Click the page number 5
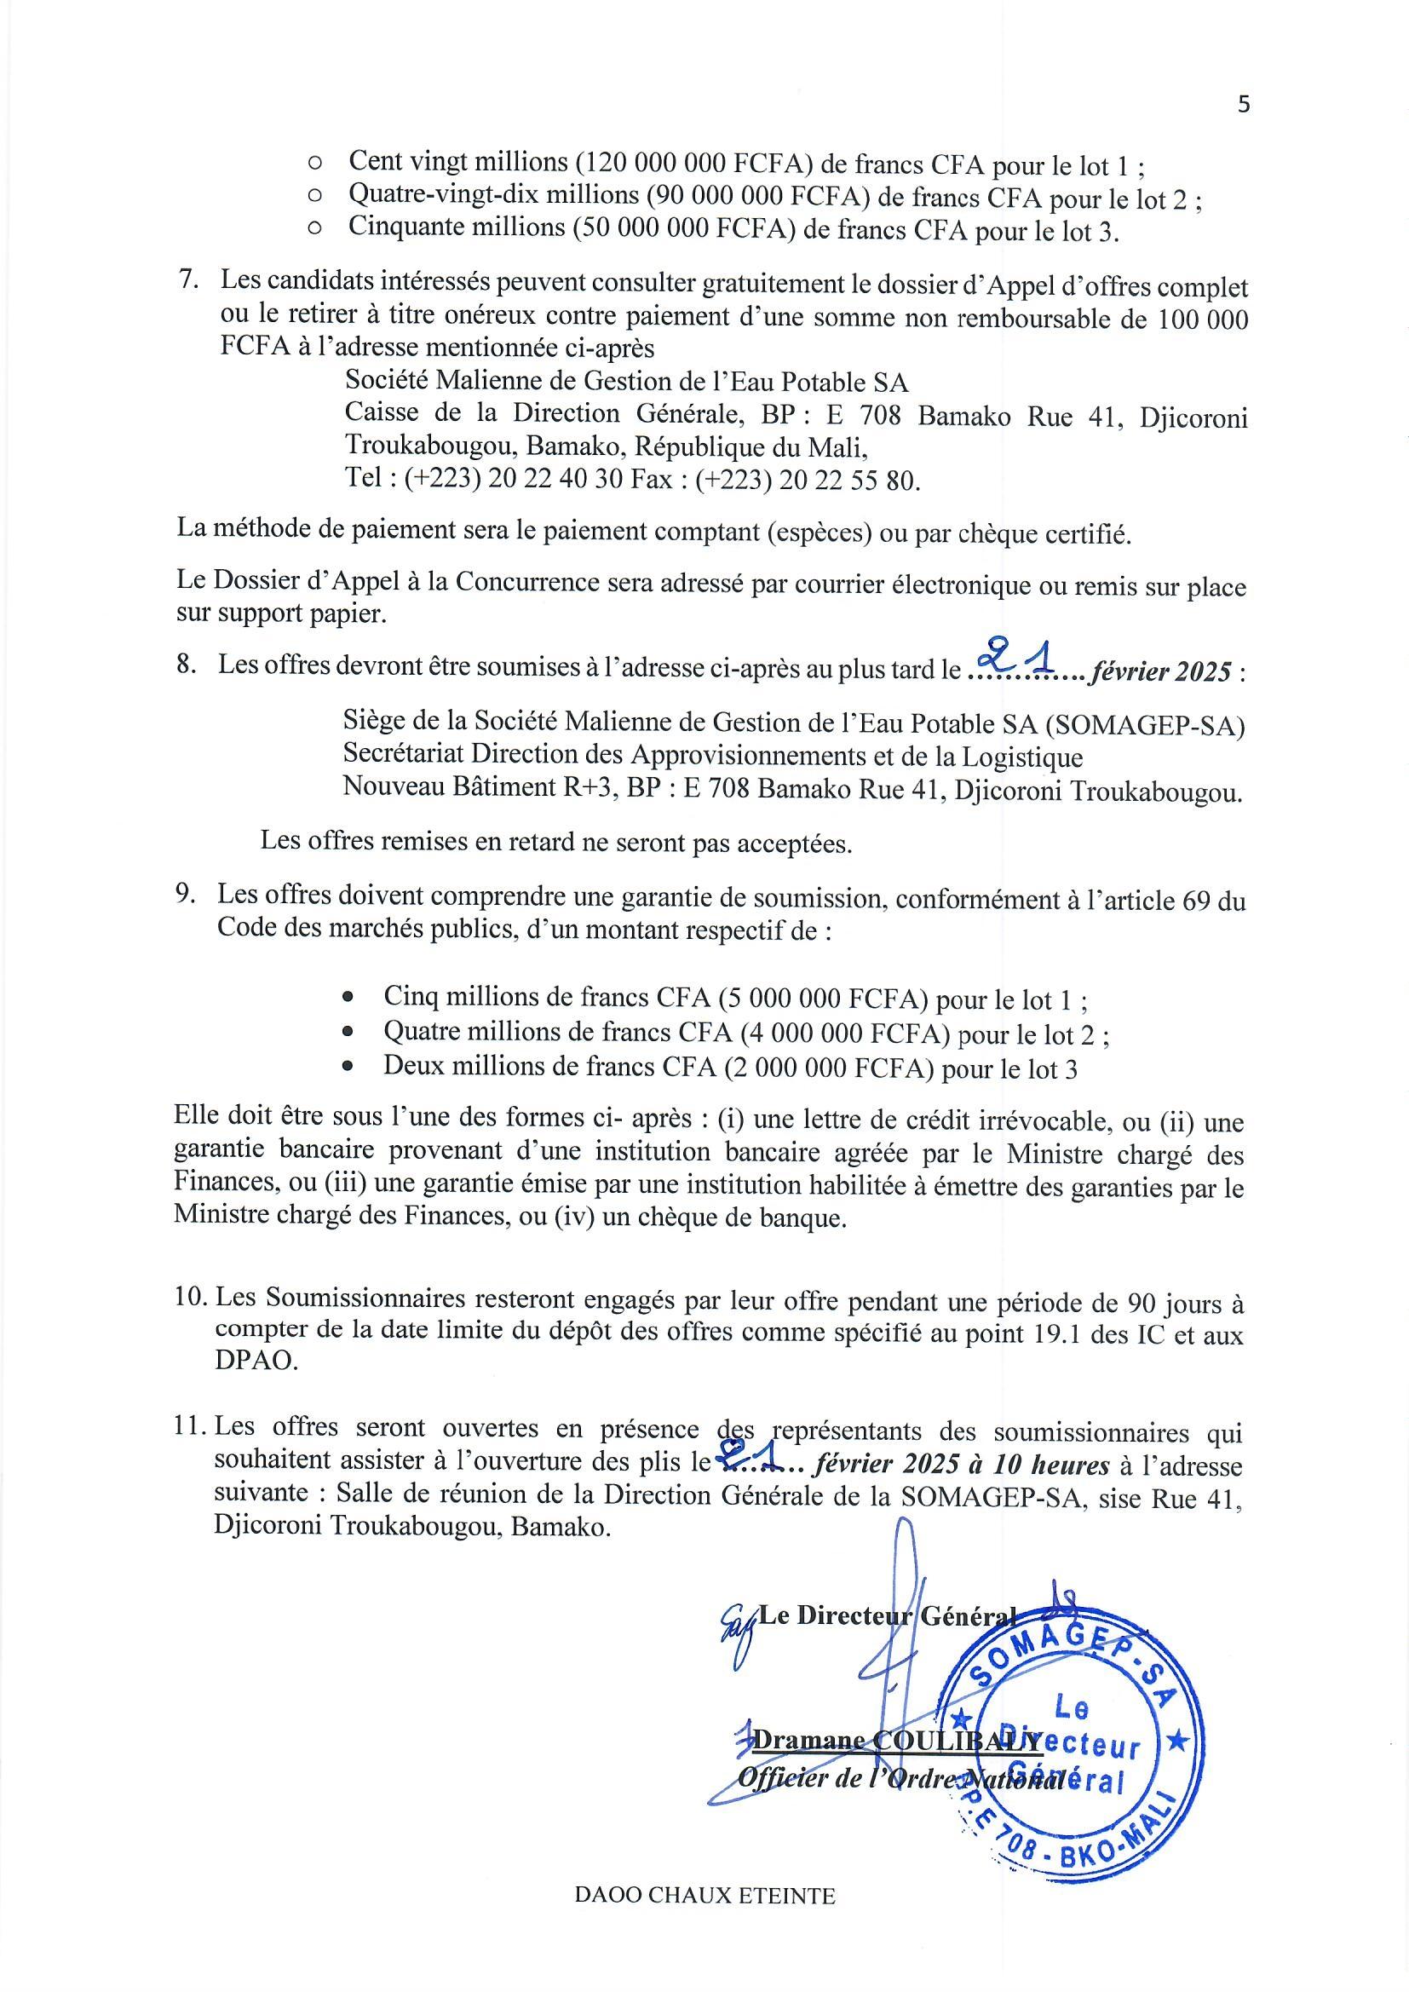point(1244,105)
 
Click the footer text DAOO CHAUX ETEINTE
point(704,1920)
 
